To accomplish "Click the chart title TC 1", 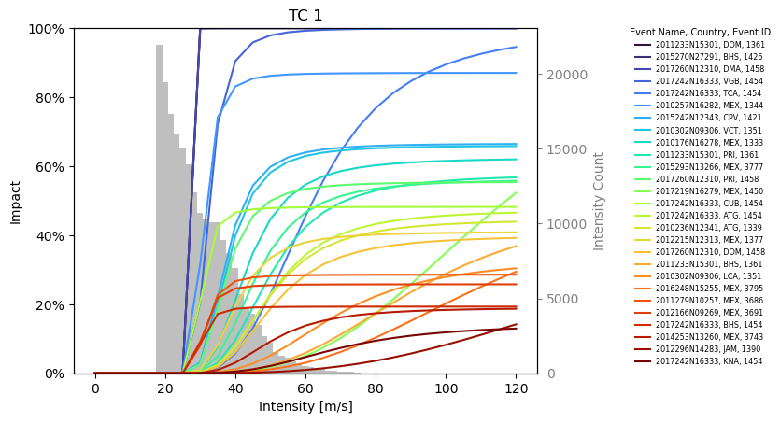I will [305, 15].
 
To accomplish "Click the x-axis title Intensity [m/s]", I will [305, 407].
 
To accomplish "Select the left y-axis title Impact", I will [16, 202].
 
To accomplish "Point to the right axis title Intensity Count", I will [599, 202].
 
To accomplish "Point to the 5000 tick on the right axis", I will [561, 299].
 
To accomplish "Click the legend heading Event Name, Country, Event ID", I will [700, 32].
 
